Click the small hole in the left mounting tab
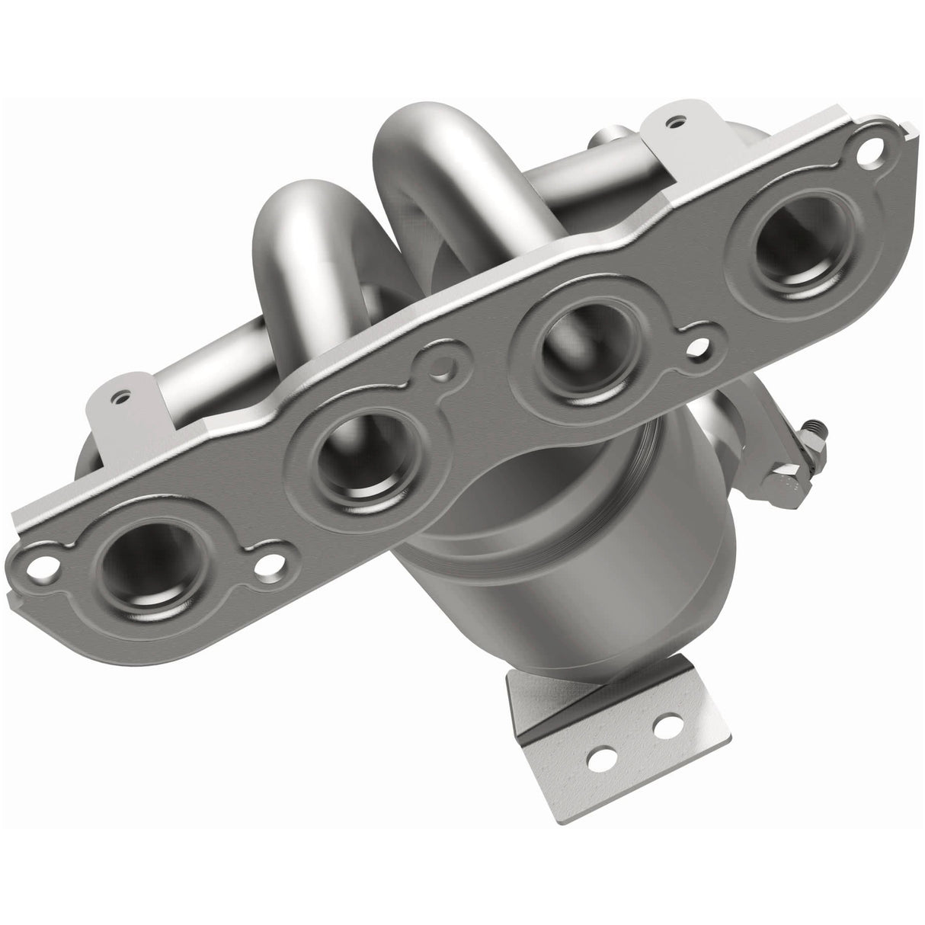pos(117,396)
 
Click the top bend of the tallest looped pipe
pos(423,133)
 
